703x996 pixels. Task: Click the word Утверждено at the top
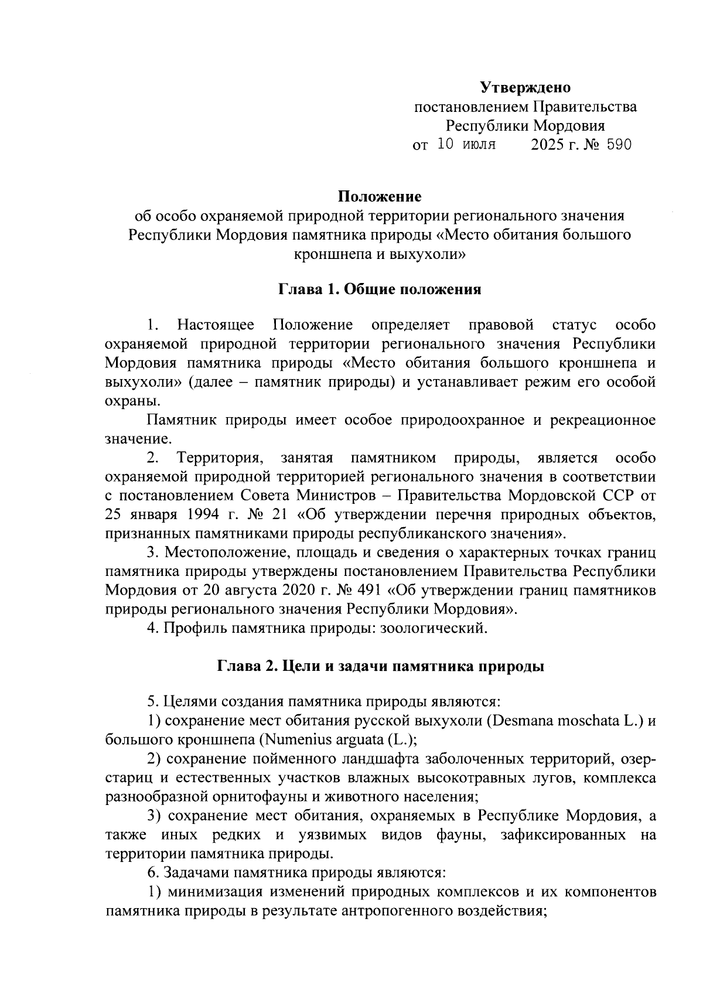[525, 88]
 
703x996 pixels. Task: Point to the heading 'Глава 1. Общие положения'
[380, 290]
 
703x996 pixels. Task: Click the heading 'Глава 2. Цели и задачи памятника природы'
[380, 667]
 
